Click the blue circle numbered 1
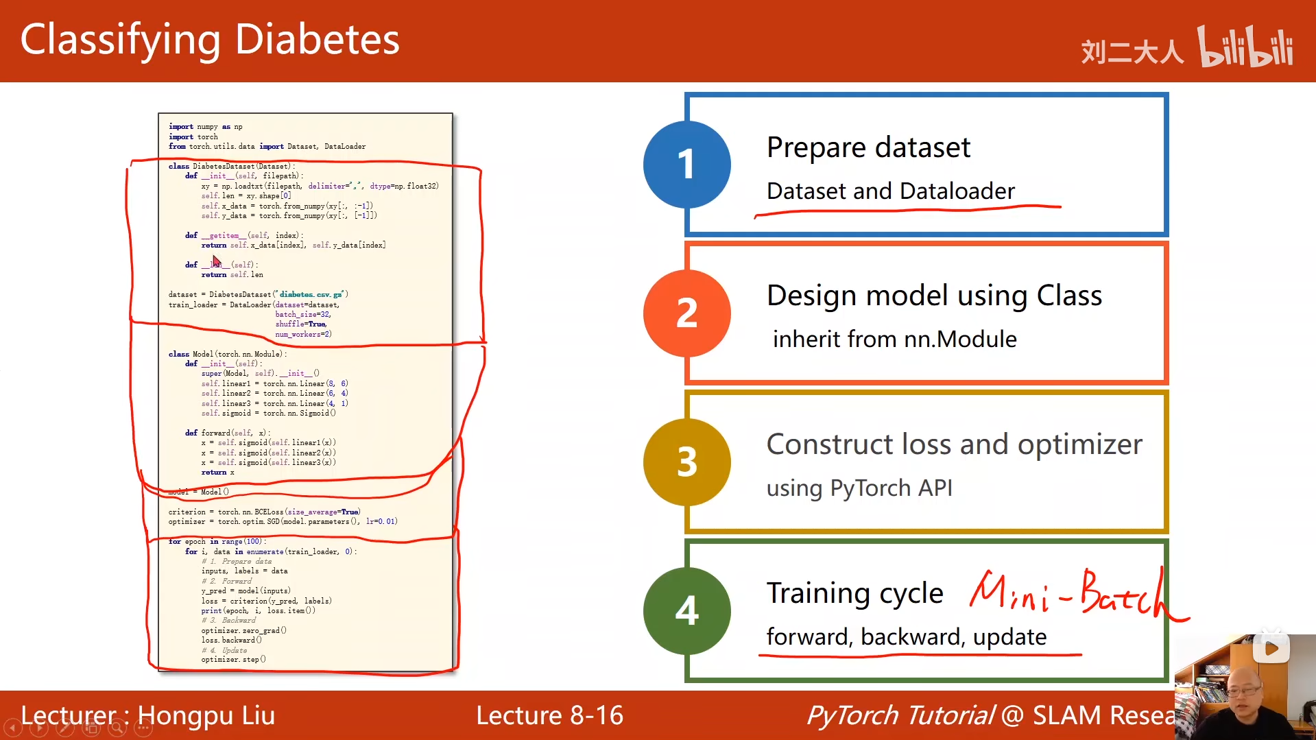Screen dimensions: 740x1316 click(686, 165)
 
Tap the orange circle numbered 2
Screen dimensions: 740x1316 click(686, 313)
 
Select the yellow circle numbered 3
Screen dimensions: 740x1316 click(686, 462)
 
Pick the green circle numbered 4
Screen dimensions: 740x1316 click(686, 610)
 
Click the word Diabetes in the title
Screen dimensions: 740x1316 click(317, 40)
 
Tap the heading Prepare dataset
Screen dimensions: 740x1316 click(868, 147)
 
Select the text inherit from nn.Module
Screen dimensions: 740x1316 click(894, 339)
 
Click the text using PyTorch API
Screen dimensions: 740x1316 click(859, 488)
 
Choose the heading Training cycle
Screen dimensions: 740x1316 click(854, 593)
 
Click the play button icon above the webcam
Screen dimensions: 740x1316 click(1271, 649)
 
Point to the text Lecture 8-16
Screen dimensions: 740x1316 click(549, 715)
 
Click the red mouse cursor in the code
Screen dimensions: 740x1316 click(216, 261)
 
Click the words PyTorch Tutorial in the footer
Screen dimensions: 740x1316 click(900, 715)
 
